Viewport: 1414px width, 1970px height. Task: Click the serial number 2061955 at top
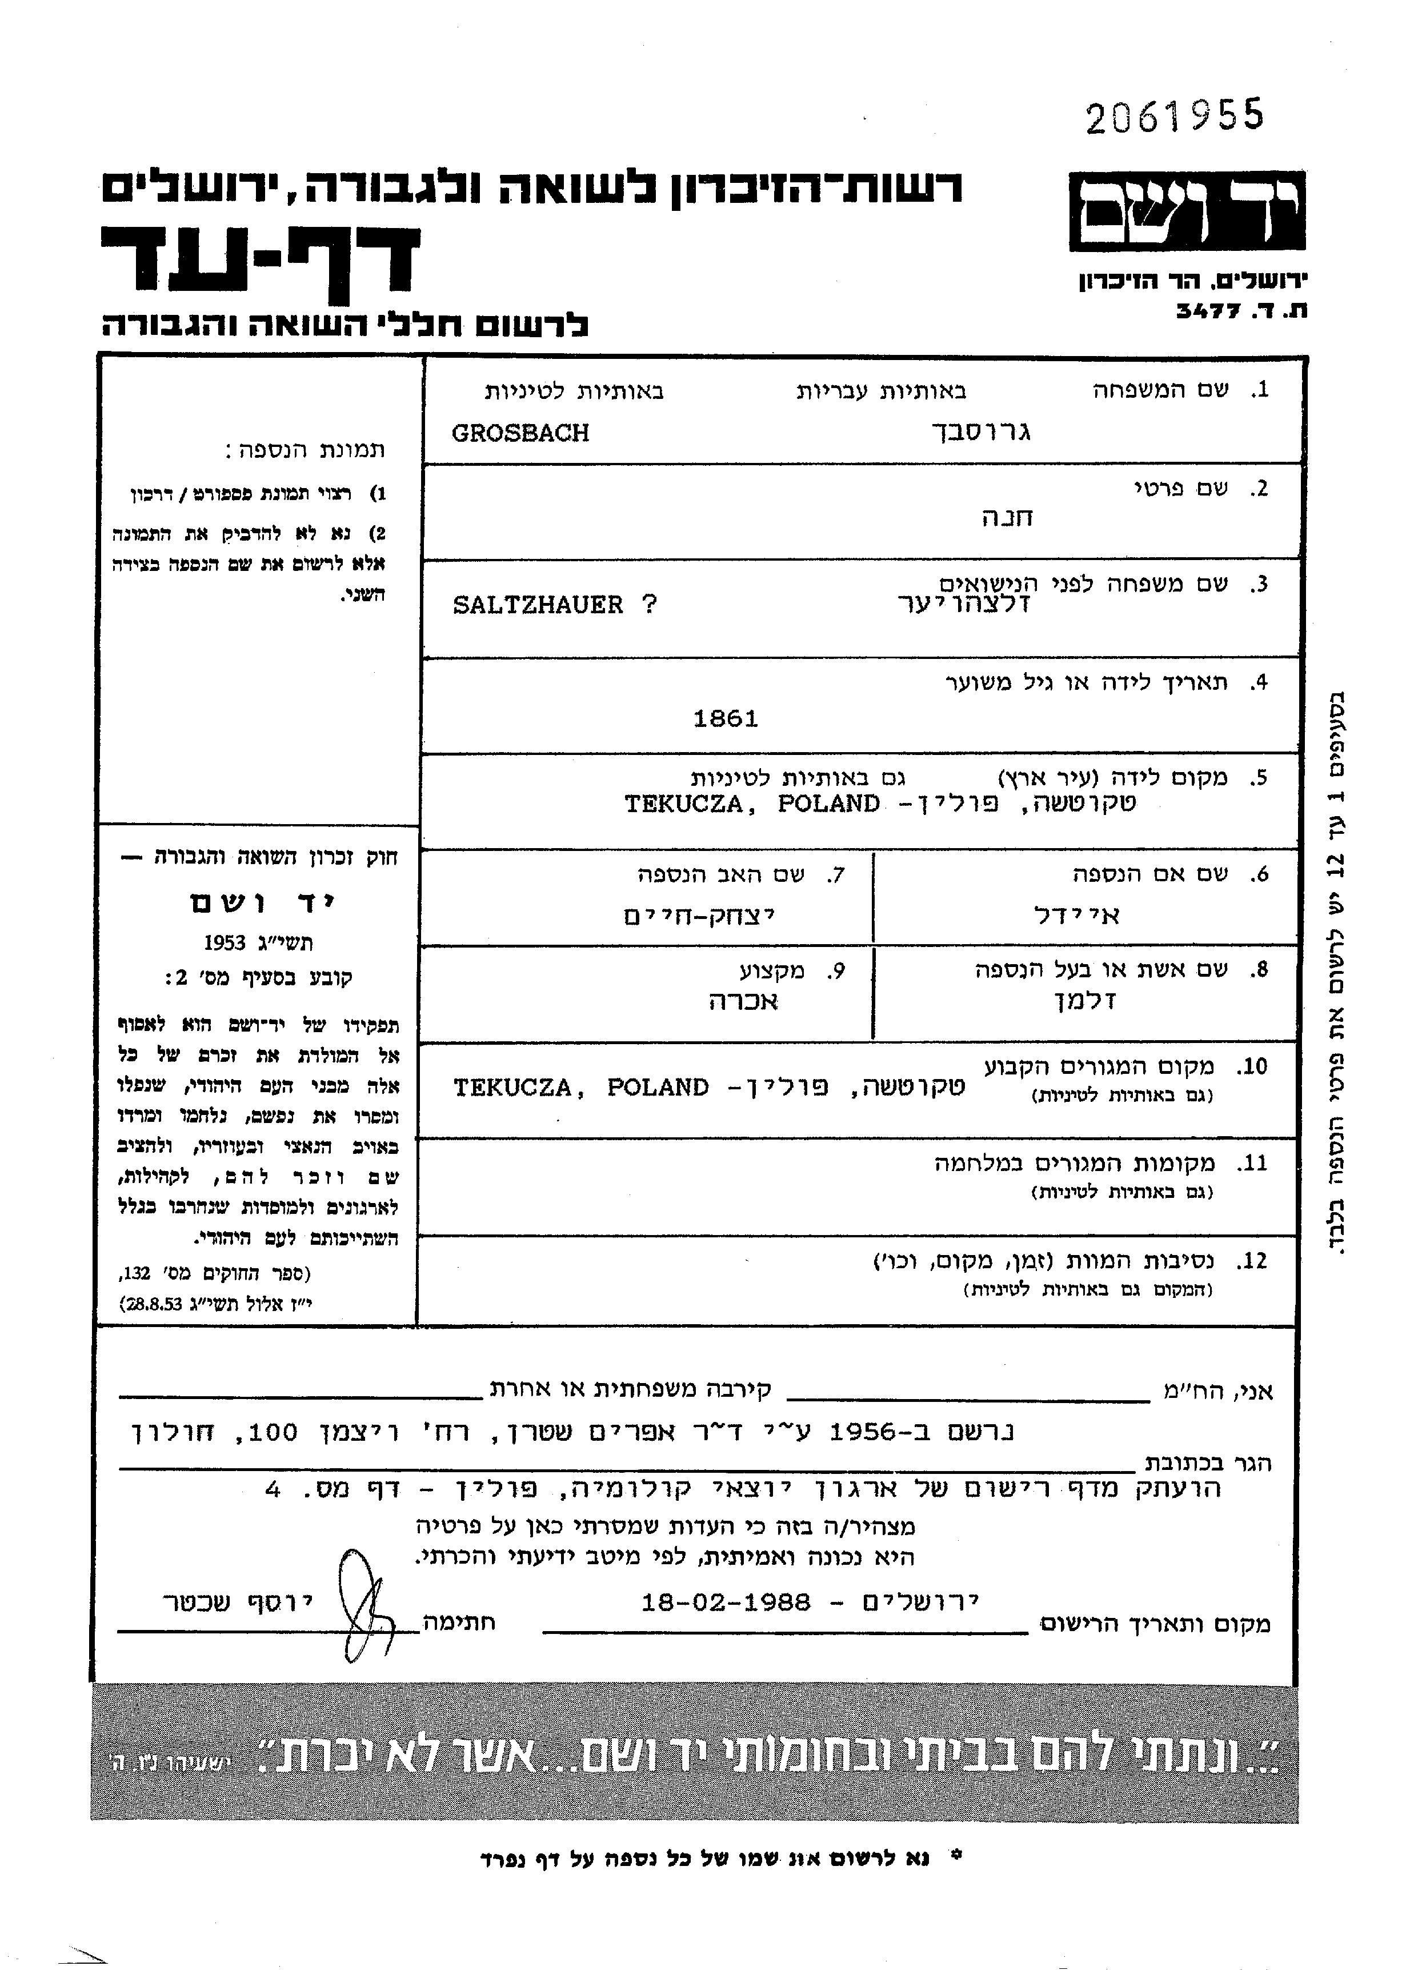(1173, 117)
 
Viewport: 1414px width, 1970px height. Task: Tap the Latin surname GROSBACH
(520, 433)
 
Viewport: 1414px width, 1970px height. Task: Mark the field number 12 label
(1252, 1260)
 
